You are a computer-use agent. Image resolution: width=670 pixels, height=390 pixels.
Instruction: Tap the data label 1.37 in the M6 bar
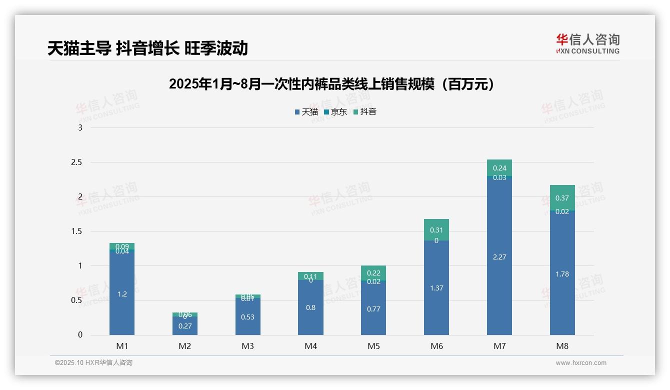[436, 288]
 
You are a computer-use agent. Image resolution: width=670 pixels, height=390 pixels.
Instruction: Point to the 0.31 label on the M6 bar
[436, 230]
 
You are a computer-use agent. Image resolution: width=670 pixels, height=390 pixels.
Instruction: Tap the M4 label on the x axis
[310, 346]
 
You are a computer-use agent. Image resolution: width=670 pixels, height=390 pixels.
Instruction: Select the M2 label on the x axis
[185, 346]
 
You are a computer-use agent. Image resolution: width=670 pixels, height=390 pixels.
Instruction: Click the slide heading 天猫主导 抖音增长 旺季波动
[147, 48]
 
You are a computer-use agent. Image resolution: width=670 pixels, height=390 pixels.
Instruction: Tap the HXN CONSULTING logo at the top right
[587, 43]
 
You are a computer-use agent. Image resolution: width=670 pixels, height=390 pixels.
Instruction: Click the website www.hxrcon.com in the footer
[581, 363]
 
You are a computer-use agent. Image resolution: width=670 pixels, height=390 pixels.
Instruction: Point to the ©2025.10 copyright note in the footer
[93, 363]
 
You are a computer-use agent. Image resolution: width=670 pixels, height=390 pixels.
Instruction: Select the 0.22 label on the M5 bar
[373, 273]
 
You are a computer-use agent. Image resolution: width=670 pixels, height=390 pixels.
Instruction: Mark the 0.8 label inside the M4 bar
[310, 307]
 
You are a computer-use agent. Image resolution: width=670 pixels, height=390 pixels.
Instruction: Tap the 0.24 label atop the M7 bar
[499, 168]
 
